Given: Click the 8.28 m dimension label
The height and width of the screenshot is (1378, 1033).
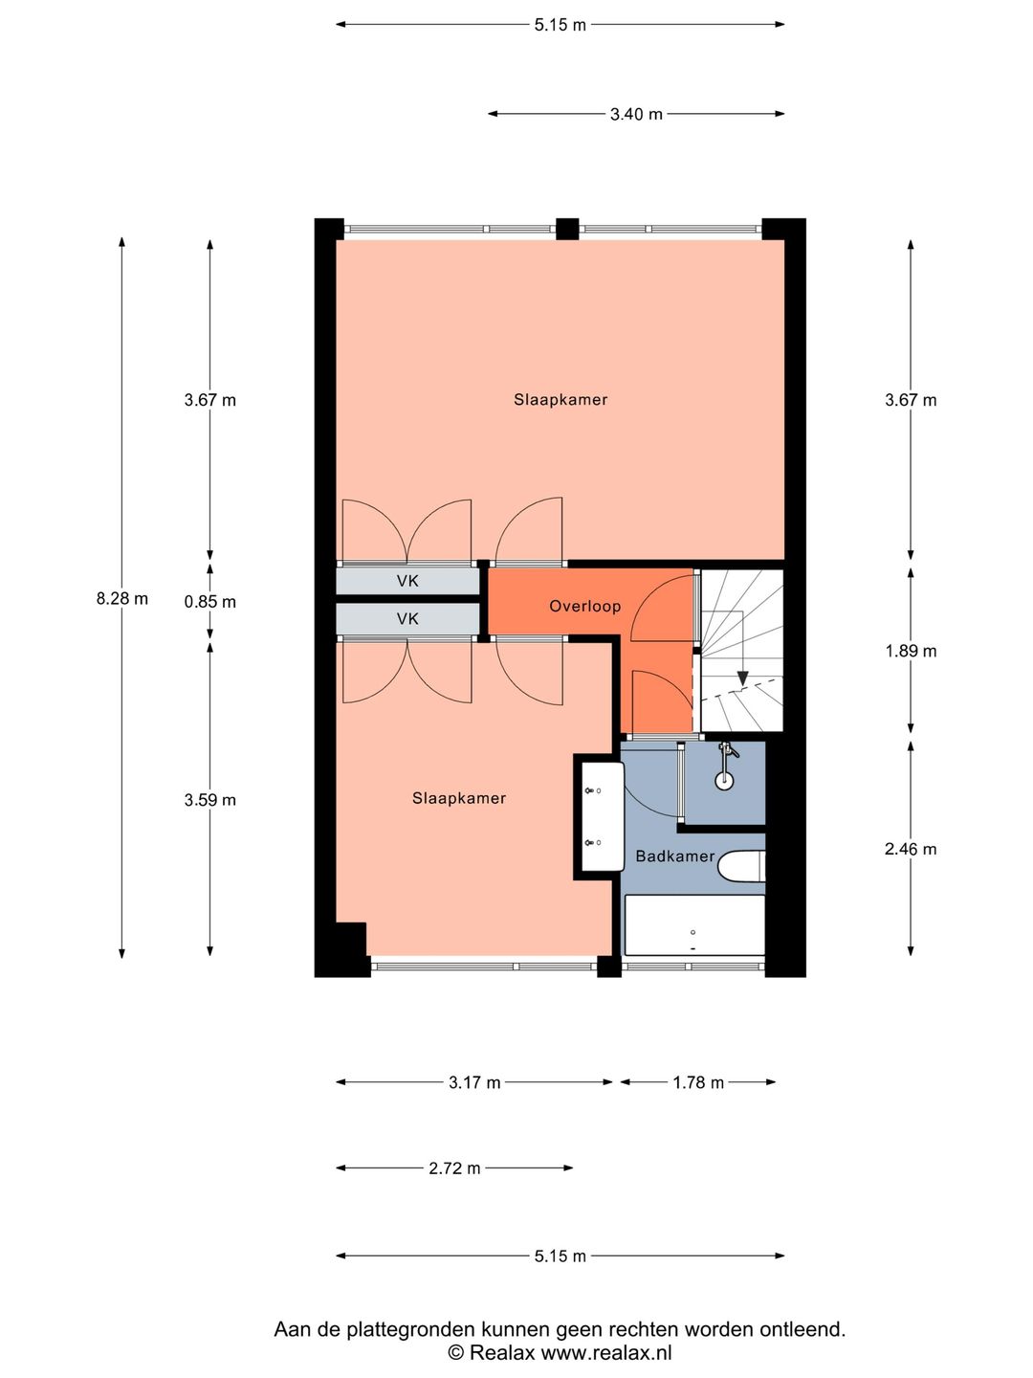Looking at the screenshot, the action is pos(122,599).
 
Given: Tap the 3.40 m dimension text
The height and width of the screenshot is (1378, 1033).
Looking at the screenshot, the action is pos(636,114).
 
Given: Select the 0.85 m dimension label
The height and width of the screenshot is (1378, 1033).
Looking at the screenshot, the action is pos(210,602).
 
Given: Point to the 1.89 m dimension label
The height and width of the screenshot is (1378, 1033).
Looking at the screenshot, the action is pos(911,651).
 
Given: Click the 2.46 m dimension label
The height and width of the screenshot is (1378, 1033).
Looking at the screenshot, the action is pos(911,850).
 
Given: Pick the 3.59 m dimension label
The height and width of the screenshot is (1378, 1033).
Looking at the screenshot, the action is pos(210,800).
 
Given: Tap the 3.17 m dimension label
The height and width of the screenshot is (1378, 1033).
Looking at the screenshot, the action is pos(474,1082).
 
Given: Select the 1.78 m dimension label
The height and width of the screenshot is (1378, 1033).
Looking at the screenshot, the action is pos(698,1082).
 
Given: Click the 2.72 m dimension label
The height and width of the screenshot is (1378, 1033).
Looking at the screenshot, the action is pos(454,1168).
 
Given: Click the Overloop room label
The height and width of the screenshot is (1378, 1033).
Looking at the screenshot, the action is pos(585,607).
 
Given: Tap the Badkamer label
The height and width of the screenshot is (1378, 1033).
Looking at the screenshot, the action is pos(675,856).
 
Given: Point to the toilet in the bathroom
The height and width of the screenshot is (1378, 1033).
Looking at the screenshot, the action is pos(741,866).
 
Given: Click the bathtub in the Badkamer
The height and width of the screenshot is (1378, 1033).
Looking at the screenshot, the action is pos(695,925).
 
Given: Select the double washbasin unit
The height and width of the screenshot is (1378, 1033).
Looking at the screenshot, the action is pos(603,816).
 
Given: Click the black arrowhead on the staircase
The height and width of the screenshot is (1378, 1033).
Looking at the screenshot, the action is pos(742,678).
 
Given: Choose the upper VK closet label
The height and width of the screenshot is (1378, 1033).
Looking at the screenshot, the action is pos(407,581).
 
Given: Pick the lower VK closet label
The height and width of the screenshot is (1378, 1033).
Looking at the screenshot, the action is pos(407,619).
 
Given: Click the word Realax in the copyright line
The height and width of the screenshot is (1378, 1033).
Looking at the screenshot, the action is pos(502,1352).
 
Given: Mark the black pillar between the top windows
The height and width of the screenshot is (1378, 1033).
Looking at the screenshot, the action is pos(567,229).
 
